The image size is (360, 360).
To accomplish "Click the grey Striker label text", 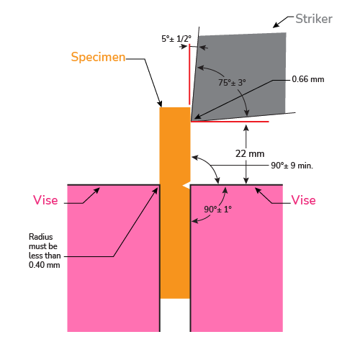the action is [x=314, y=19].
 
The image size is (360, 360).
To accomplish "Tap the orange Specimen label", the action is [x=98, y=57].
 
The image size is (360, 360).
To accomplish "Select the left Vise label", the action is [x=45, y=200].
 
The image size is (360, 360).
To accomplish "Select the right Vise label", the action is [x=303, y=200].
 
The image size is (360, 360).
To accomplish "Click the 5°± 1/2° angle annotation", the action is [x=176, y=39].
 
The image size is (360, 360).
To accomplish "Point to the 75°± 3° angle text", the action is [x=232, y=83].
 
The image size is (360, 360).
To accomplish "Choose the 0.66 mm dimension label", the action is [x=308, y=79].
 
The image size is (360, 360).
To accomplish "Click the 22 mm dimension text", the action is [x=250, y=153].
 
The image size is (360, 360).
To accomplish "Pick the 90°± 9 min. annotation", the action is [x=292, y=166].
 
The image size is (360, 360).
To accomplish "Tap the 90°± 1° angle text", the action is [x=217, y=210].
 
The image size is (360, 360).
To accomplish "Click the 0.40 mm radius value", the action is [x=45, y=265].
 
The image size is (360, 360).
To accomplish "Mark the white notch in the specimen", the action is [x=186, y=186].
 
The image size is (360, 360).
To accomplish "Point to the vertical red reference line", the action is [x=189, y=74].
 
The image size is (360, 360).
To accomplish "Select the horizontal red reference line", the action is [x=230, y=122].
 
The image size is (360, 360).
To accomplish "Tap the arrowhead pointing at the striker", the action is [x=276, y=25].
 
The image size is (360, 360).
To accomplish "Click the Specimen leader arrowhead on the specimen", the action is [x=160, y=104].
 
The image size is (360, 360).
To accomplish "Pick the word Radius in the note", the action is [x=41, y=237].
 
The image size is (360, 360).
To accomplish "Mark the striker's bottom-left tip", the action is [x=192, y=121].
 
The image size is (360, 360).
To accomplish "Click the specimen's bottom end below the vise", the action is [x=175, y=298].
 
